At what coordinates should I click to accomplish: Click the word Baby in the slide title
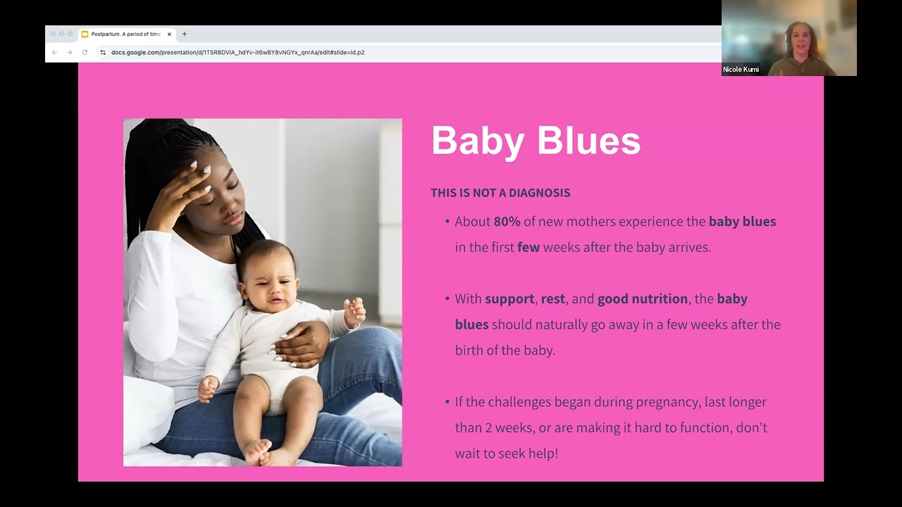pos(478,141)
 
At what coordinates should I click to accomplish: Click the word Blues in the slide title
pos(588,141)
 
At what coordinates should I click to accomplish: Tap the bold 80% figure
pos(507,222)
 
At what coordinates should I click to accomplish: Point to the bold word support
pos(509,299)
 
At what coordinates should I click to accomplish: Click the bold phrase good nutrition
pos(642,299)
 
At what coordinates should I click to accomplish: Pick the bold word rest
pos(552,299)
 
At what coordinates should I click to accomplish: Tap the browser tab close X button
pos(169,34)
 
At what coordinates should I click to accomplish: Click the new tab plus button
pos(185,34)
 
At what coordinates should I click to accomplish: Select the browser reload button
pos(85,52)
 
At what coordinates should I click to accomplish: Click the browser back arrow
pos(54,52)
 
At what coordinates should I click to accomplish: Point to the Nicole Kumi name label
pos(741,70)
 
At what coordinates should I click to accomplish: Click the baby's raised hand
pos(354,311)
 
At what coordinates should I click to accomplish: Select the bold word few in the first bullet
pos(528,247)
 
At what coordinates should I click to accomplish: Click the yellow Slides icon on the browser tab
pos(85,34)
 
